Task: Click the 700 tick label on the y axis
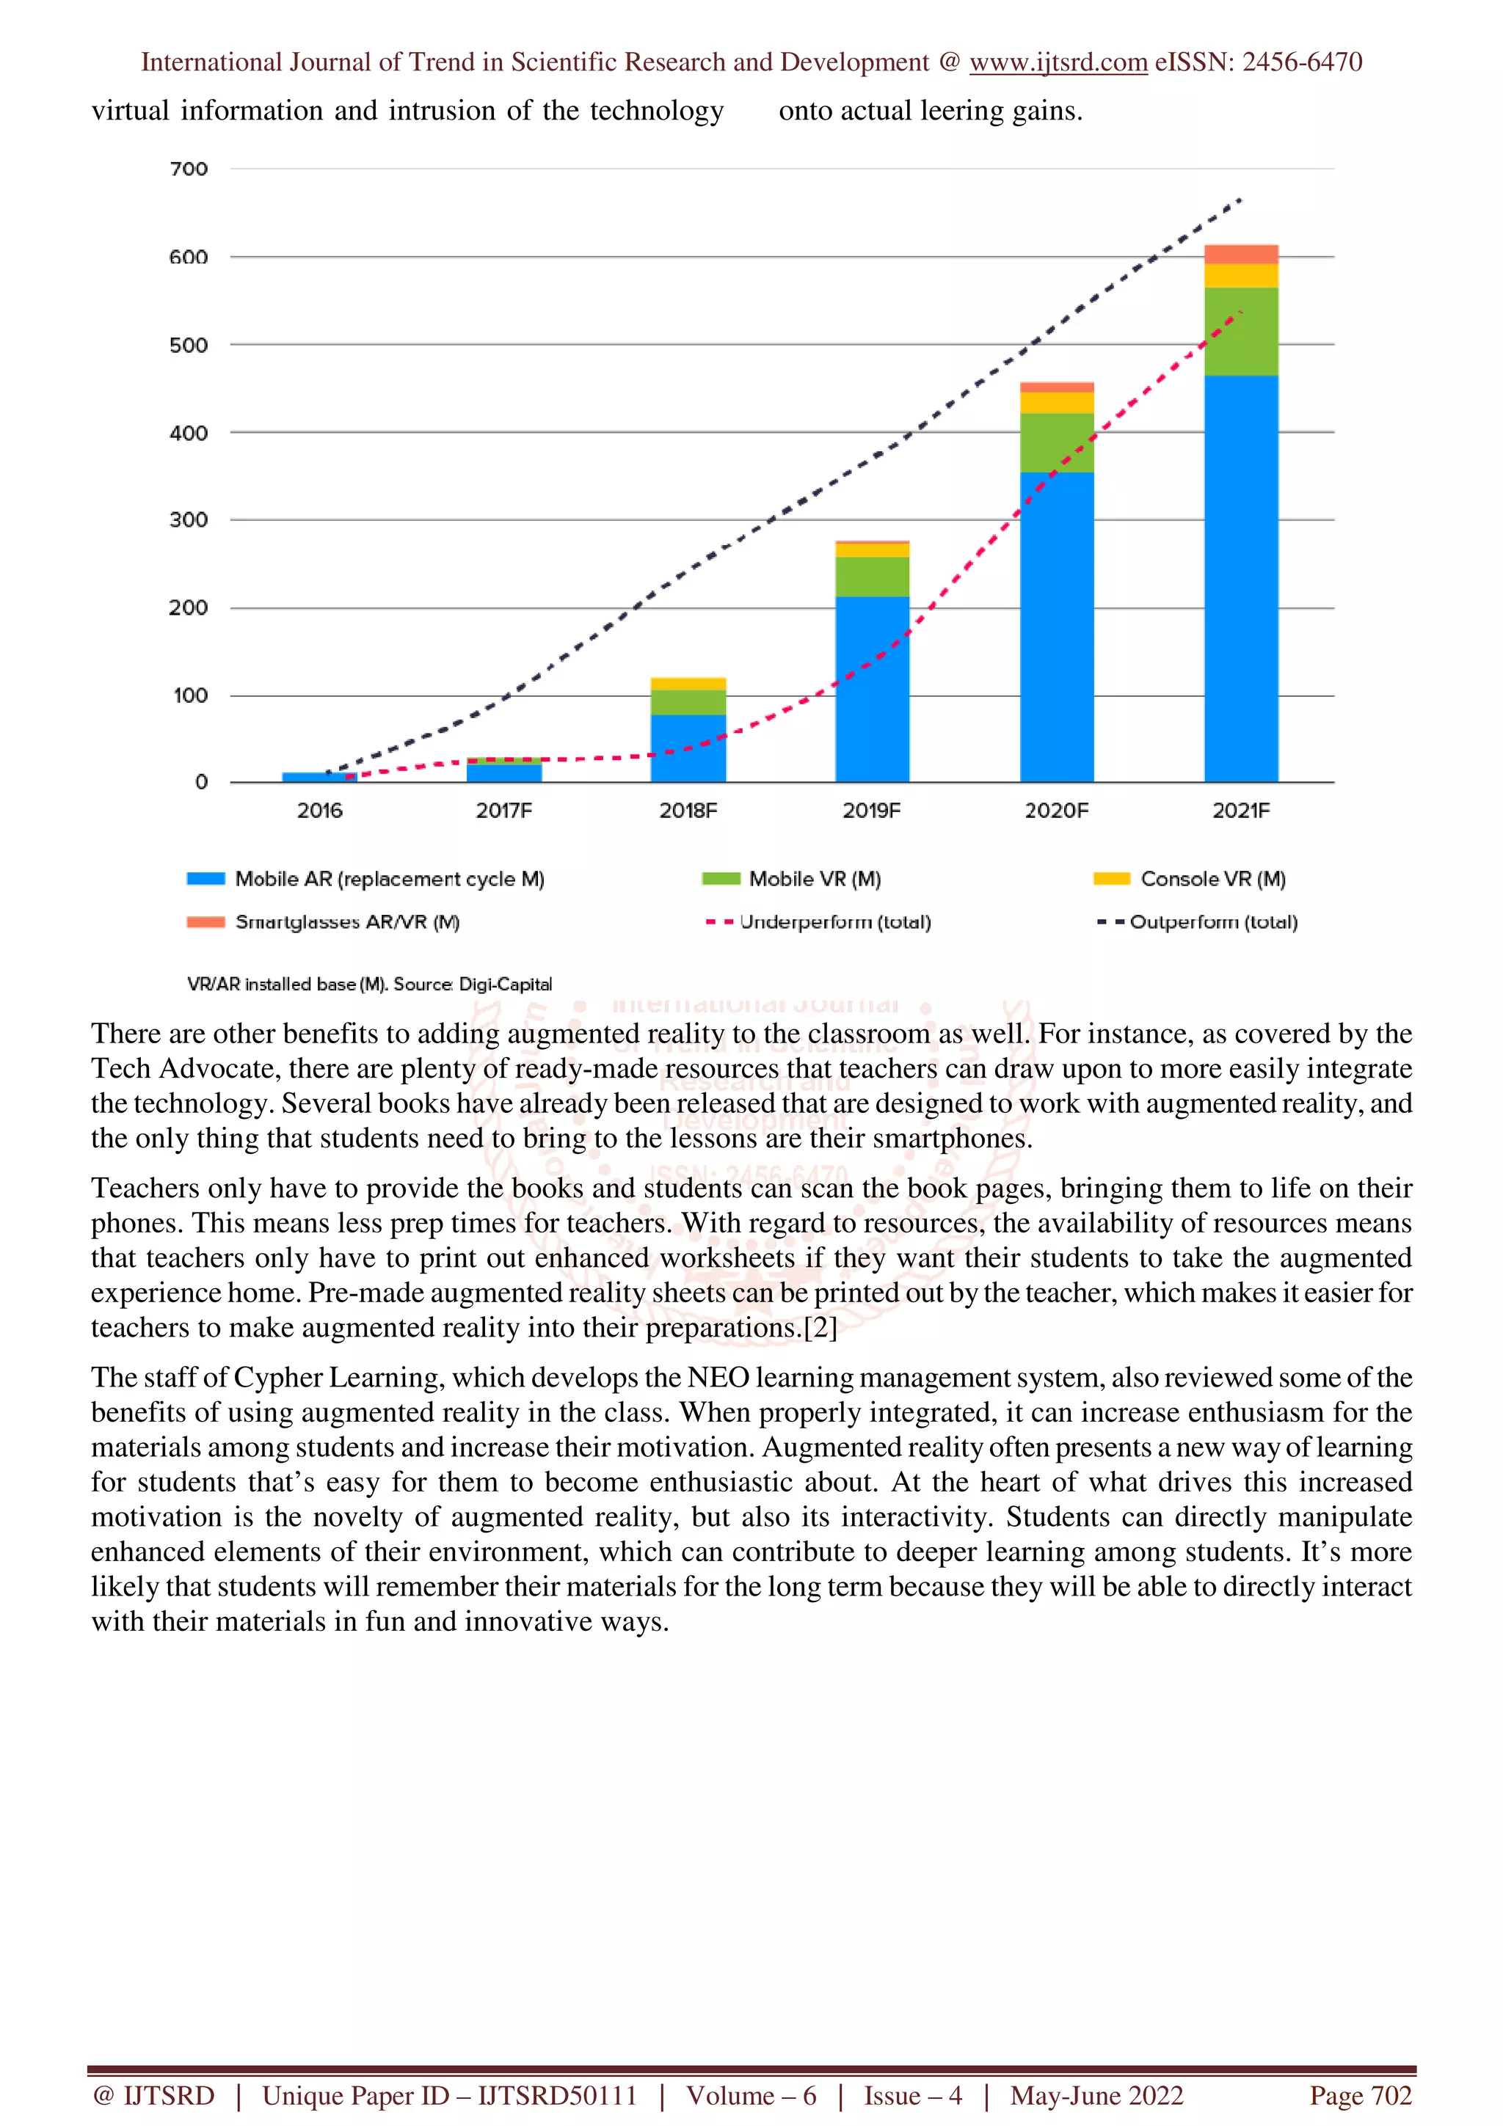(x=188, y=169)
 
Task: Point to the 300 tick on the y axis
(x=188, y=519)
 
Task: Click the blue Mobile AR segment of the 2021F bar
(x=1241, y=579)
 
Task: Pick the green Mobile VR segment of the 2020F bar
(x=1057, y=442)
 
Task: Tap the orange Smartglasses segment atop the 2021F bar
(x=1241, y=255)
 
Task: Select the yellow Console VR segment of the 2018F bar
(x=688, y=684)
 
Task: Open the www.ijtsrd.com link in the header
(x=1058, y=62)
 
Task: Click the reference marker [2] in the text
(x=820, y=1328)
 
